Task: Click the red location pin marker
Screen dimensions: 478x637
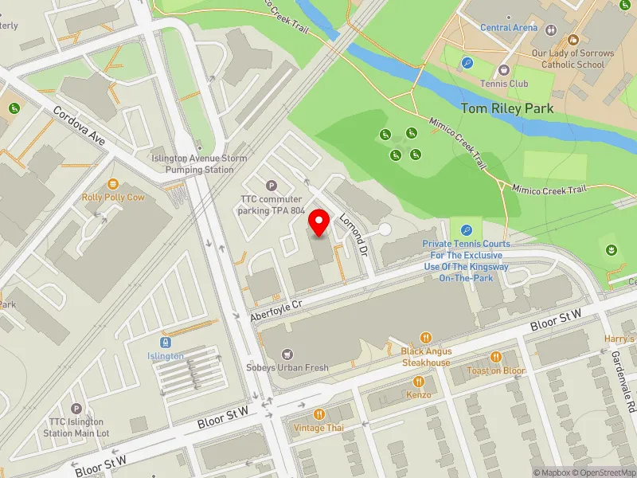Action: tap(319, 223)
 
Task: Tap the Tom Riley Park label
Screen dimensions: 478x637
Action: tap(506, 108)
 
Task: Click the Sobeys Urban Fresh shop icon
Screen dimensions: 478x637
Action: tap(286, 354)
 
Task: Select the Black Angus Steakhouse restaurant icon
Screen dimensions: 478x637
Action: tap(426, 337)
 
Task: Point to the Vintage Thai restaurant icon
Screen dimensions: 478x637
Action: tap(319, 413)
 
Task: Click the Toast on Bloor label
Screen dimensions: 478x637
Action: tap(496, 370)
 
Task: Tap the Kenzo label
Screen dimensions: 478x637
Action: tap(419, 394)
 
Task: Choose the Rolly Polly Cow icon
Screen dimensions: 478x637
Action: tap(113, 184)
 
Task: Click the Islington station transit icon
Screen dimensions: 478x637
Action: tap(166, 342)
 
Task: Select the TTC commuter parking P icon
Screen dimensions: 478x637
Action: tap(272, 186)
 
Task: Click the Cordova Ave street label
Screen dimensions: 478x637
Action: tap(80, 126)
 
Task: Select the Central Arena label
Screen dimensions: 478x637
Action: tap(509, 28)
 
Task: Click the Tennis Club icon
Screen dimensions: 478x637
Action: tap(503, 70)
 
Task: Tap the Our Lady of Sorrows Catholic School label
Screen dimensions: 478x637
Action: tap(577, 59)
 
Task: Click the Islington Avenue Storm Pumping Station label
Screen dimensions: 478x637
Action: tap(194, 164)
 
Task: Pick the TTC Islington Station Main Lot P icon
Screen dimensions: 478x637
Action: tap(76, 408)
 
